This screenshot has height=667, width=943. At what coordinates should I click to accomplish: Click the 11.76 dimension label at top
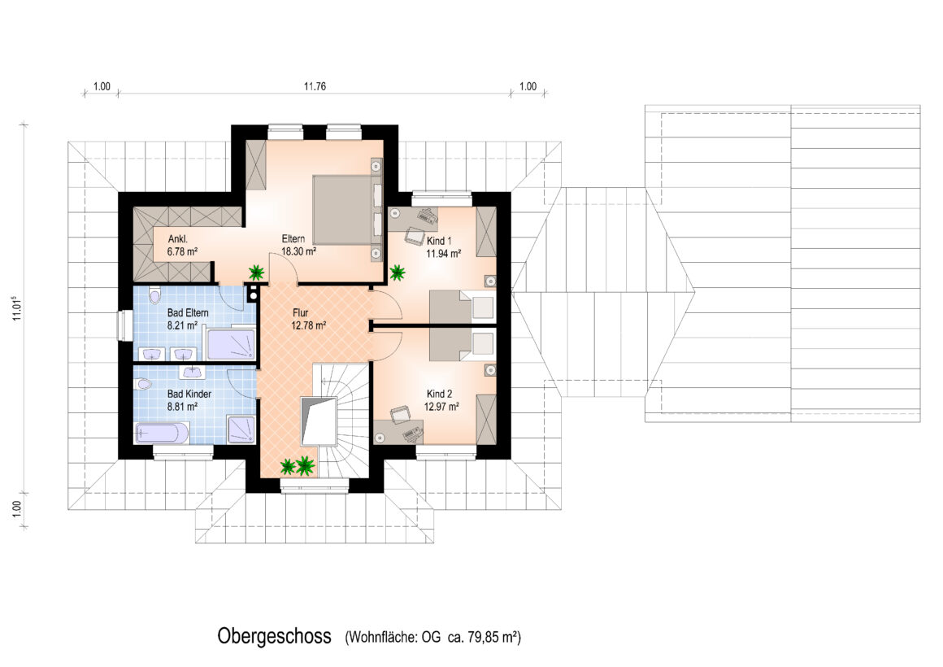click(x=315, y=86)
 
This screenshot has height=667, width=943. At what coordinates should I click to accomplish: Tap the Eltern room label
click(x=293, y=238)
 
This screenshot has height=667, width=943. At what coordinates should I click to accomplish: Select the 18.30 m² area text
click(x=299, y=251)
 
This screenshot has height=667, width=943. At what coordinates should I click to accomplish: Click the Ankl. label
click(x=177, y=239)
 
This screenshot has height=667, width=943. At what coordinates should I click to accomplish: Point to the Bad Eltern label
click(x=188, y=312)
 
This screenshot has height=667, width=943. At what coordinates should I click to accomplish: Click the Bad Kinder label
click(x=189, y=394)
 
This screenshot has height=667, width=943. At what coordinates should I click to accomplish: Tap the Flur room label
click(x=301, y=312)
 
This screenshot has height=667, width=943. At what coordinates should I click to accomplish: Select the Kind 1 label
click(x=439, y=241)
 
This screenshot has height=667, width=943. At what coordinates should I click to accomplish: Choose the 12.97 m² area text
click(x=441, y=407)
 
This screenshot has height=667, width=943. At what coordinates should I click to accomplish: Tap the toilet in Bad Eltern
click(x=155, y=295)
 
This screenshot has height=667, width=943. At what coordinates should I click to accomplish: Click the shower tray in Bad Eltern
click(x=232, y=344)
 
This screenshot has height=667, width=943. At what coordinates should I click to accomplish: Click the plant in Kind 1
click(x=397, y=272)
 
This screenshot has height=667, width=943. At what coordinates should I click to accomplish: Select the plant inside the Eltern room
click(x=257, y=272)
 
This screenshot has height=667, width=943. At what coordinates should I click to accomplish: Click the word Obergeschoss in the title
click(x=274, y=636)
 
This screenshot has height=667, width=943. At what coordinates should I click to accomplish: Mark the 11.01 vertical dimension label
click(x=17, y=307)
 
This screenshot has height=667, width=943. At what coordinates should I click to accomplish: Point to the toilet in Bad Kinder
click(x=143, y=383)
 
